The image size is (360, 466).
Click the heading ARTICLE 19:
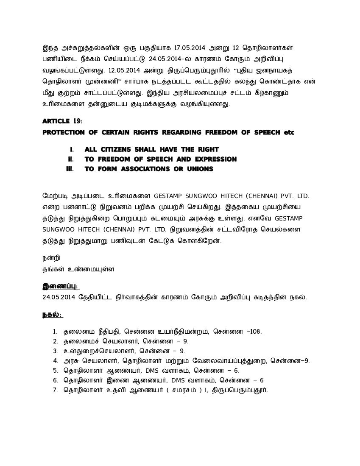coord(63,121)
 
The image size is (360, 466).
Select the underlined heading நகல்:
coord(52,315)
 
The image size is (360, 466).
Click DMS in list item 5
coord(163,371)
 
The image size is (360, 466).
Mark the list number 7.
coord(55,390)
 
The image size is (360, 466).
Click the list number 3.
coord(55,351)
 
